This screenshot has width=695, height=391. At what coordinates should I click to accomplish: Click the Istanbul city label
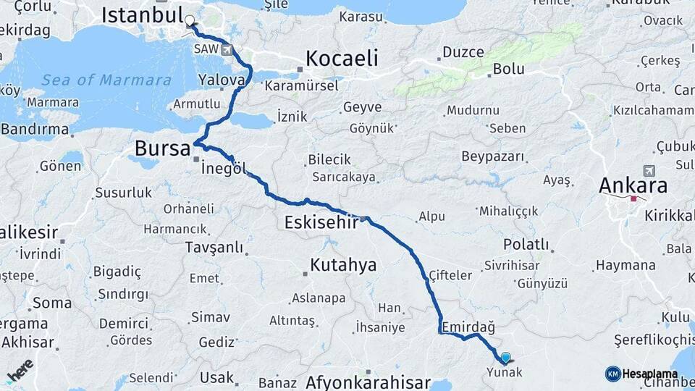tap(141, 14)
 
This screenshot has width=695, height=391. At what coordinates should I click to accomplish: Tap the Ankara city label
tap(633, 186)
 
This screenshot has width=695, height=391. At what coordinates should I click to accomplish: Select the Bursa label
tap(163, 149)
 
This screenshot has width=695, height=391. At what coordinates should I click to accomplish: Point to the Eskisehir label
tap(321, 222)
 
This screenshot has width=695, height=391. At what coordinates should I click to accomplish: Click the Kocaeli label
tap(342, 58)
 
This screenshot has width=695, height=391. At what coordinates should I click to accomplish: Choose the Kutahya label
tap(343, 265)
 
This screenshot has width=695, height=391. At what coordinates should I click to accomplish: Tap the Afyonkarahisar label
tap(368, 382)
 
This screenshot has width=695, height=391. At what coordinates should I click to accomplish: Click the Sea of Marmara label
tap(106, 80)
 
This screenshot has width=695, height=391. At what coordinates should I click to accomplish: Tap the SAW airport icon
tap(229, 50)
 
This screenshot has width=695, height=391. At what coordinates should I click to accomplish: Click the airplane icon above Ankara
tap(648, 171)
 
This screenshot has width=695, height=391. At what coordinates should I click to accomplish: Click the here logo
tap(20, 371)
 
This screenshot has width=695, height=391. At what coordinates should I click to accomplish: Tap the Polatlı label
tap(526, 245)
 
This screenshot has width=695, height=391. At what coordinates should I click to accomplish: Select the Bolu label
tap(508, 70)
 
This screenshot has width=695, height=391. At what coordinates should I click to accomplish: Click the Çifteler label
tap(450, 275)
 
